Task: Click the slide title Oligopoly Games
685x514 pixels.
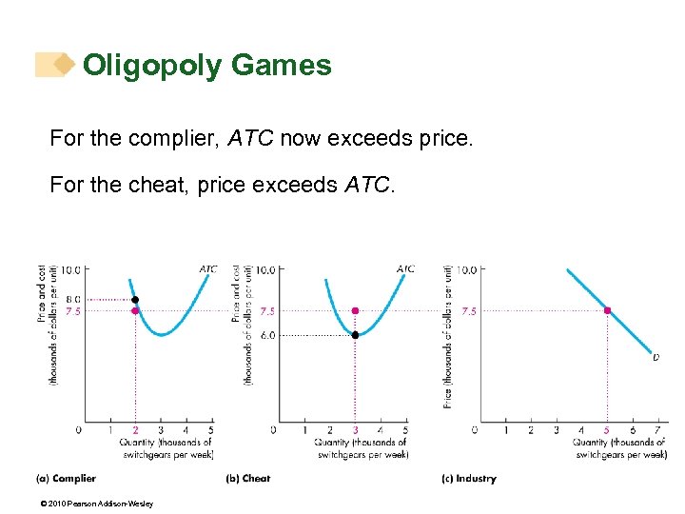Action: tap(206, 65)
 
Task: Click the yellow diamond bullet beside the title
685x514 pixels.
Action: tap(64, 65)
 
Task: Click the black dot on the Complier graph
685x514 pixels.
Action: tap(135, 299)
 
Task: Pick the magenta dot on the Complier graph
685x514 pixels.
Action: tap(135, 310)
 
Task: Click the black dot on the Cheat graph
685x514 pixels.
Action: tap(355, 335)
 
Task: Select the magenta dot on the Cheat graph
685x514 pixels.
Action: tap(355, 310)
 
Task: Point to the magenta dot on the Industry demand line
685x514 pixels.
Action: tap(607, 310)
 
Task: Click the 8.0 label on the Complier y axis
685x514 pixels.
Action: tap(71, 299)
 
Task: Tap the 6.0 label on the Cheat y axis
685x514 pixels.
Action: tap(267, 335)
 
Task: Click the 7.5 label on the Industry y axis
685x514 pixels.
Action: tap(468, 310)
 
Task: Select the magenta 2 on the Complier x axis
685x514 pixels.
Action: tap(135, 430)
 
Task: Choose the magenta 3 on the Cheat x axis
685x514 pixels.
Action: tap(355, 430)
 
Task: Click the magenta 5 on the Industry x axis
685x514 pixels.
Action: tap(607, 430)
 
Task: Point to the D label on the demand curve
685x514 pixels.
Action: tap(655, 358)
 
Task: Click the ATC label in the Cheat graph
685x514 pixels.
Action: tap(405, 269)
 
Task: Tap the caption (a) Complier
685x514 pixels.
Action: tap(66, 479)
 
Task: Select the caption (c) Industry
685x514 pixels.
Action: tap(469, 479)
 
